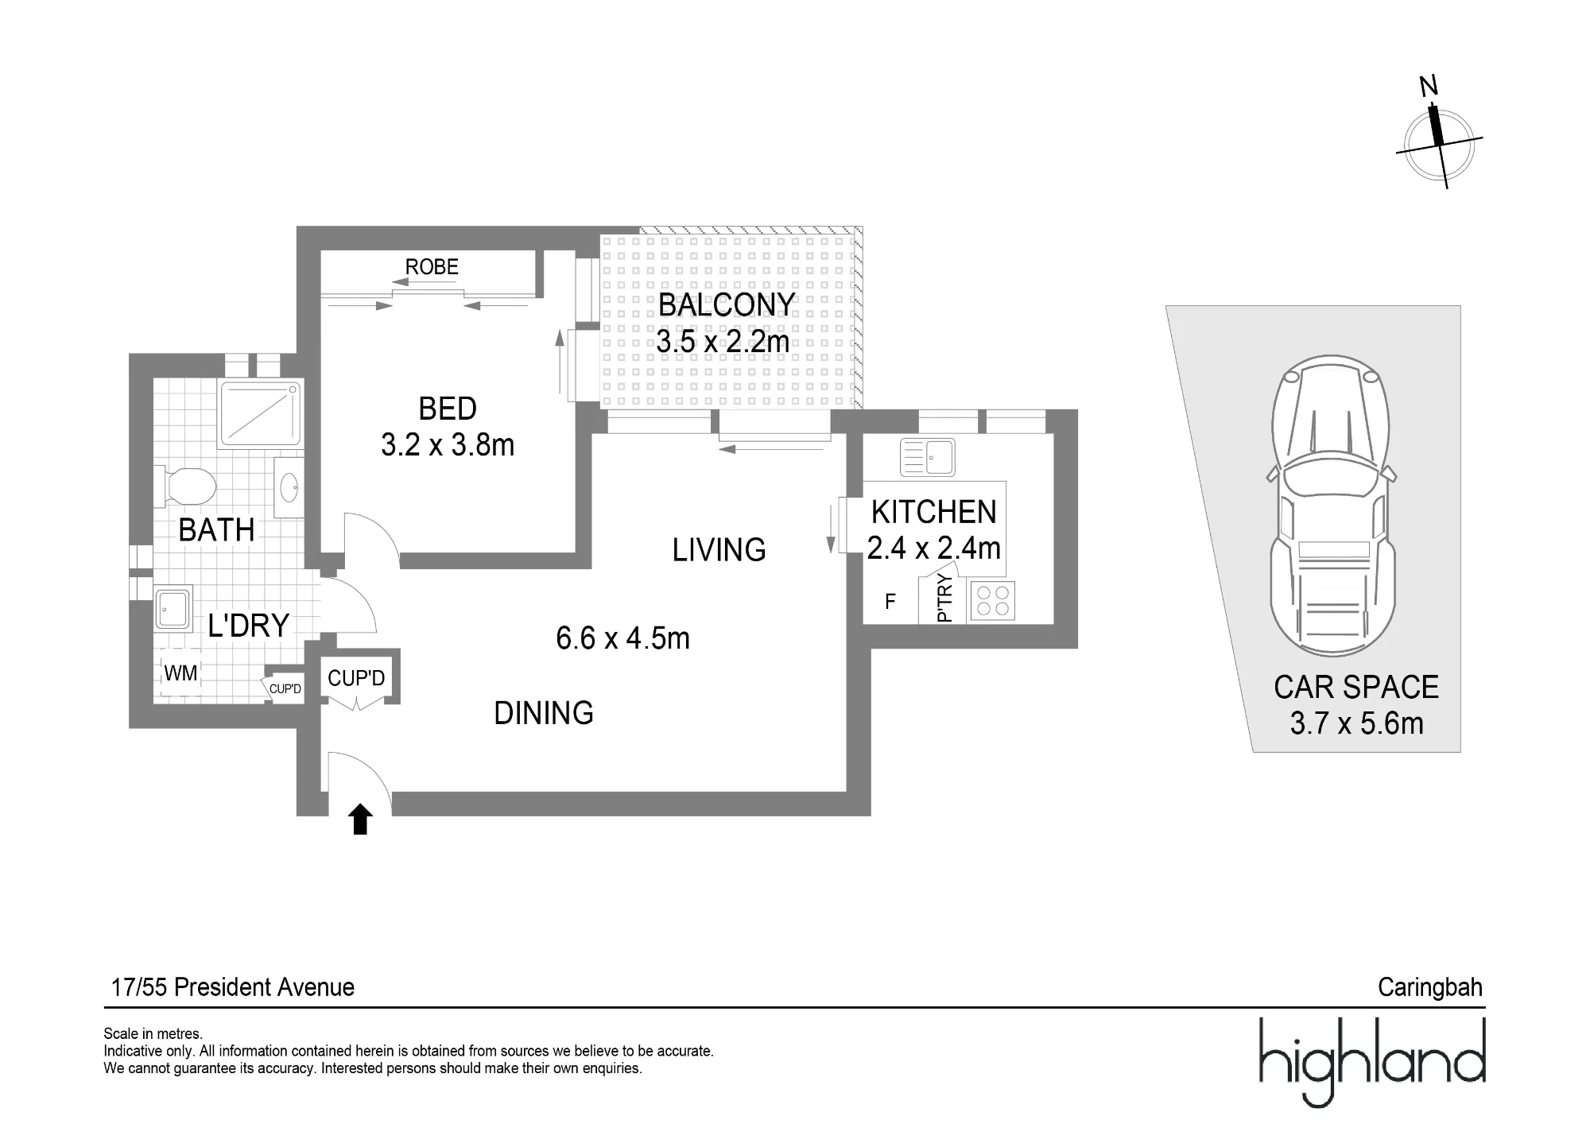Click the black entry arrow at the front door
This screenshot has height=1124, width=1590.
coord(360,820)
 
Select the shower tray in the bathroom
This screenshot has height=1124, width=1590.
coord(261,414)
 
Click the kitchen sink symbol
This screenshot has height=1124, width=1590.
coord(927,457)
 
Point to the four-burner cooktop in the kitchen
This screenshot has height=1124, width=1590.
coord(991,601)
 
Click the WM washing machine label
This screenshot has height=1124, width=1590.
coord(180,673)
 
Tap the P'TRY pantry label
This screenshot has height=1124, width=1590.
coord(944,599)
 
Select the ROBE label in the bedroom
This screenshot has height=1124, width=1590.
coord(432,267)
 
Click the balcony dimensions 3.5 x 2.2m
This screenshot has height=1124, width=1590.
coord(723,342)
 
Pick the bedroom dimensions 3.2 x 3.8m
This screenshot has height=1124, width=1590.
coord(448,445)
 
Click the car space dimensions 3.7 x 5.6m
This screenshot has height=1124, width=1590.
coord(1356,723)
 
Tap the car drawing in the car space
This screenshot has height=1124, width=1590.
coord(1331,506)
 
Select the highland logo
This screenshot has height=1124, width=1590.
coord(1373,1061)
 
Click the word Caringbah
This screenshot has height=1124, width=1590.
coord(1430,987)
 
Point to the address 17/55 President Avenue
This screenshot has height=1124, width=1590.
coord(233,987)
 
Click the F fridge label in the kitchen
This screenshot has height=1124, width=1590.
coord(890,602)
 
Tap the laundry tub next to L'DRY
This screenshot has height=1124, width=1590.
coord(173,609)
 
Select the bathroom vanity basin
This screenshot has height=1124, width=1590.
coord(289,486)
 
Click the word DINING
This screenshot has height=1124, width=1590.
coord(544,713)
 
